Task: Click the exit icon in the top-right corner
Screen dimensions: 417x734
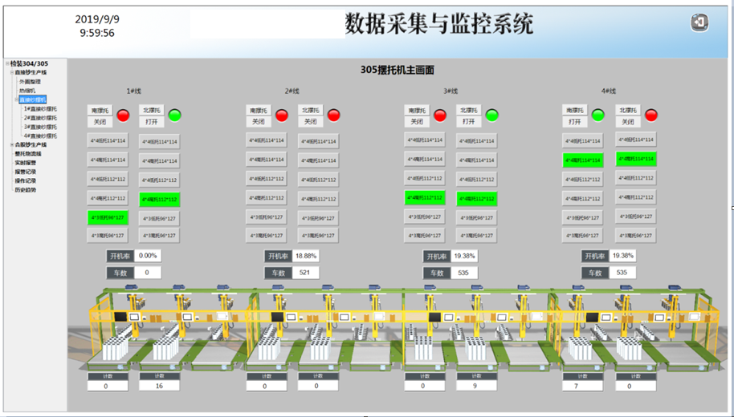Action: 699,23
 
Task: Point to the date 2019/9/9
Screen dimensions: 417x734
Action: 97,19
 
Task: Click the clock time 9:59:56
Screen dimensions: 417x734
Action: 97,34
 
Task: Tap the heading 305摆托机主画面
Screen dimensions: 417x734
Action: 397,70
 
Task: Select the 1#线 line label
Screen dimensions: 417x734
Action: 134,91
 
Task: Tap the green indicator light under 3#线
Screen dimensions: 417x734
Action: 491,115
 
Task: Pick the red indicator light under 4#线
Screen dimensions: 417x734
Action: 650,115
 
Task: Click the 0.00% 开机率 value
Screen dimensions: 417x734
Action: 148,255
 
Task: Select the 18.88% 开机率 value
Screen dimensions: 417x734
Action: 306,255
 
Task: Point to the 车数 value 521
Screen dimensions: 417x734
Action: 305,273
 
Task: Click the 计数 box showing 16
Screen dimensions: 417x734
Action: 159,386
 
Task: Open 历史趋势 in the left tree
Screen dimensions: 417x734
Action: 26,190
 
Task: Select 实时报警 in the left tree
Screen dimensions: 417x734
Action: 26,163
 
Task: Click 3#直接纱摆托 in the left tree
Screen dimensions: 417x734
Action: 40,127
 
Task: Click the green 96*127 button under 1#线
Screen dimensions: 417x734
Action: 107,217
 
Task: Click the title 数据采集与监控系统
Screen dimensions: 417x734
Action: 438,24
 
